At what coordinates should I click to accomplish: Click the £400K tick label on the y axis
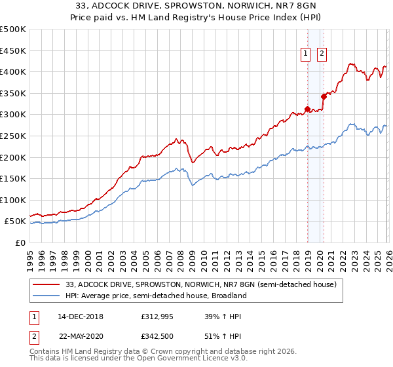[13, 71]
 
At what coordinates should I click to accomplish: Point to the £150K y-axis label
[13, 178]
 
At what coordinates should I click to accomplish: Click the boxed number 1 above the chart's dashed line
[307, 55]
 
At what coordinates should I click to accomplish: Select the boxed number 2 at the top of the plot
[322, 55]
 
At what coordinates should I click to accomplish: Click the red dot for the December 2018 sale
[307, 109]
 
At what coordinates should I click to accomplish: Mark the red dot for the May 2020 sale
[324, 96]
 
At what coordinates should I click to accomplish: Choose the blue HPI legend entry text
[156, 296]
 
